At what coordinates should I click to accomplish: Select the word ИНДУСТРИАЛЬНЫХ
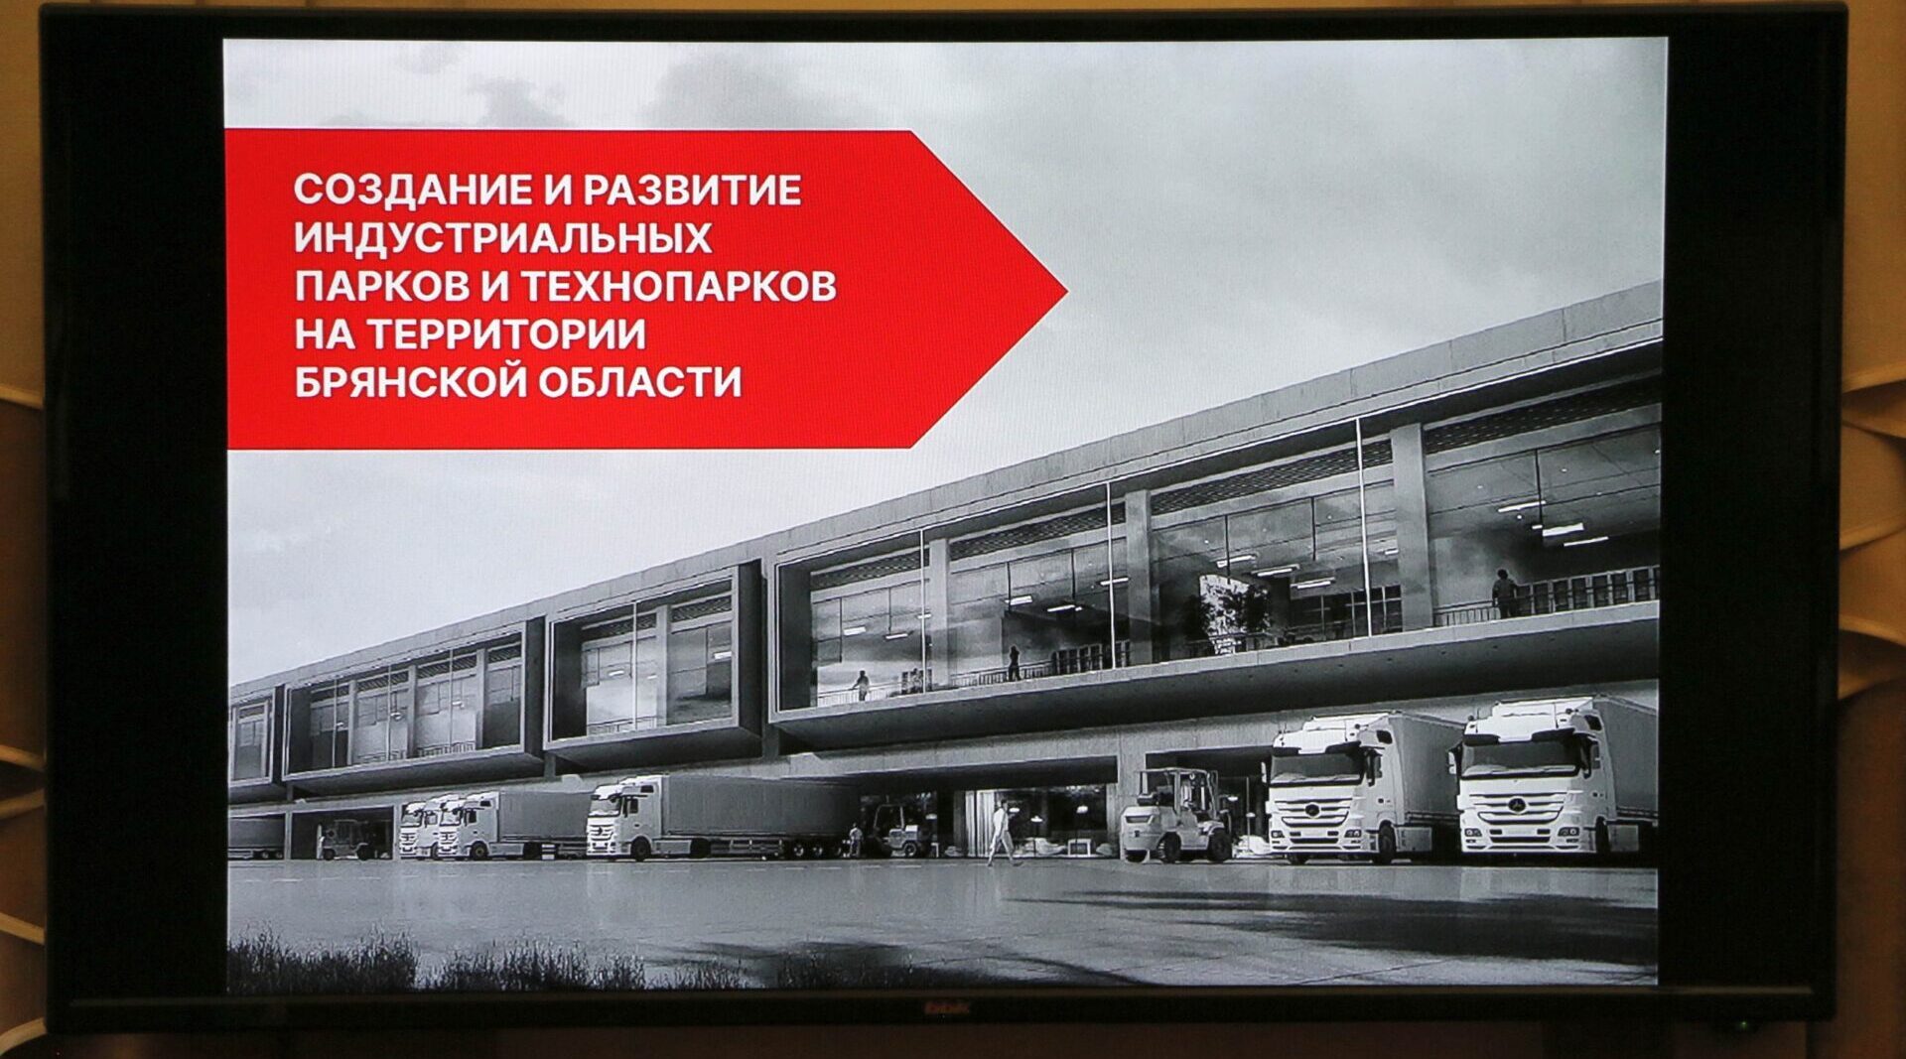pyautogui.click(x=502, y=238)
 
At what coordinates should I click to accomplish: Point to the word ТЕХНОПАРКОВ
pyautogui.click(x=678, y=286)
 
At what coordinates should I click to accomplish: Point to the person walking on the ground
pyautogui.click(x=1002, y=832)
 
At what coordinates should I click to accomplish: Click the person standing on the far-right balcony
pyautogui.click(x=1504, y=594)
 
